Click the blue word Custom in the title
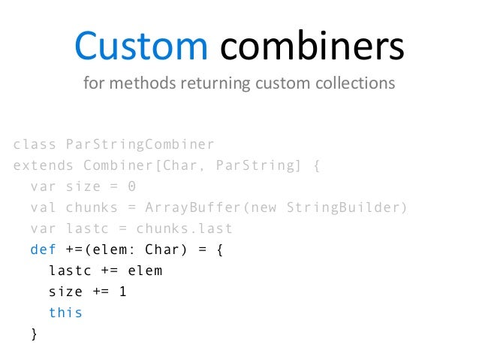(x=140, y=47)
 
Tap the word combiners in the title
(x=312, y=47)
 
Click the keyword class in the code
(x=35, y=144)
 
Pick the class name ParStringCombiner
(x=140, y=144)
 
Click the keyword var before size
(x=44, y=186)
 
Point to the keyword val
(x=44, y=207)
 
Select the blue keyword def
(x=44, y=250)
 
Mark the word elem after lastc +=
(x=145, y=271)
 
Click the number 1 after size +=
(x=122, y=292)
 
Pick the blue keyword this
(x=65, y=313)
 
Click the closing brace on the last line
(x=33, y=334)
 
